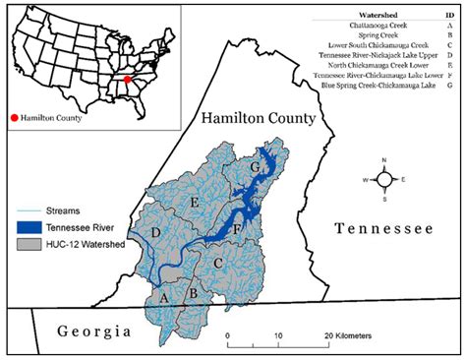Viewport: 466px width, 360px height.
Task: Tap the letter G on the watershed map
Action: (256, 168)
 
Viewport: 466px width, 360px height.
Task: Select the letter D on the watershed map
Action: (155, 232)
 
